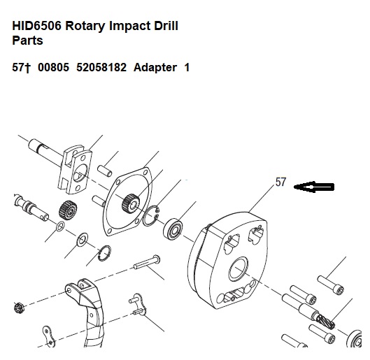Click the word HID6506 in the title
pos(36,26)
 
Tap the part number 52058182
pos(101,67)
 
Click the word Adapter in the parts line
pos(155,68)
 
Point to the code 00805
pos(54,67)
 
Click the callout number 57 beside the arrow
pos(280,182)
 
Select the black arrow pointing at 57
pos(314,187)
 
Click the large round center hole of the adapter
pos(239,268)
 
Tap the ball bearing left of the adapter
pos(173,229)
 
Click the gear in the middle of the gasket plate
pos(131,203)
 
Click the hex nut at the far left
pos(18,308)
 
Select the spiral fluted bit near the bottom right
pos(325,322)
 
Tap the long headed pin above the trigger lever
pos(147,261)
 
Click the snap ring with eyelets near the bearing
pos(151,216)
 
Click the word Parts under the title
pos(27,41)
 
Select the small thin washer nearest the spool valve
pos(60,226)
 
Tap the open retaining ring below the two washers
pos(104,254)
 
